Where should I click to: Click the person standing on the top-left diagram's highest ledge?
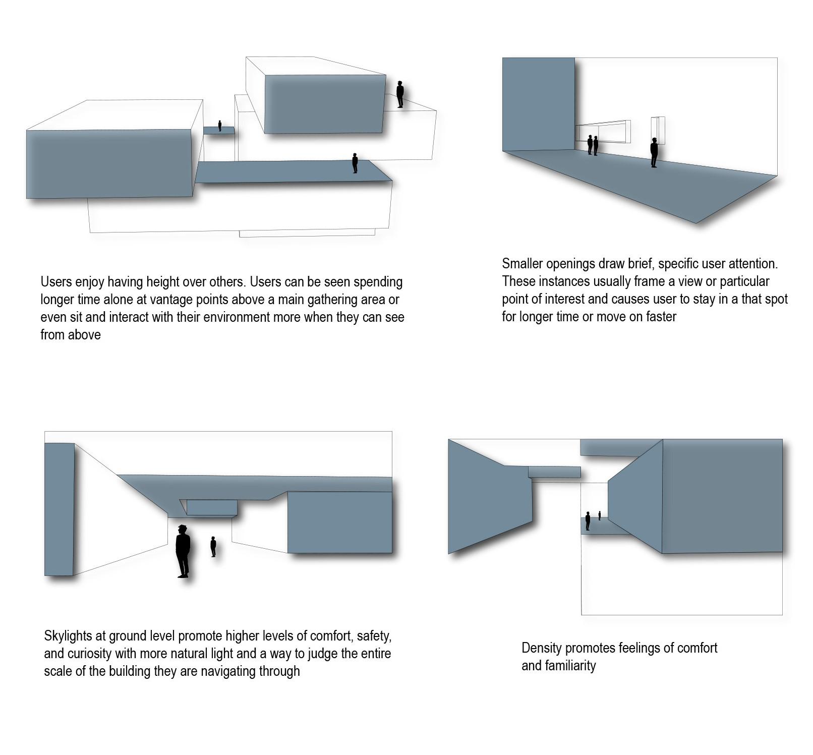point(400,94)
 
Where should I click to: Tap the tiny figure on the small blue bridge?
point(220,126)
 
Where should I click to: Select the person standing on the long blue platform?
point(355,163)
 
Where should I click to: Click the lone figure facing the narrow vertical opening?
point(654,152)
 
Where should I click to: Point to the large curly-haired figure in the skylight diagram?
point(183,551)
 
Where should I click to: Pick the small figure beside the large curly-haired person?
point(213,547)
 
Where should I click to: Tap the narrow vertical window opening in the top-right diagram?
point(658,131)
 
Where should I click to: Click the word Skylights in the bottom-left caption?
point(68,636)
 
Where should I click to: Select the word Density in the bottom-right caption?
point(540,648)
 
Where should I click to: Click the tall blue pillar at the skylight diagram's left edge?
point(60,509)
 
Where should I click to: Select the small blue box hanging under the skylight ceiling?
point(211,507)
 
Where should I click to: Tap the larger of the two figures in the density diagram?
point(588,520)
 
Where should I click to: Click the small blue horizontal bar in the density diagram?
point(554,472)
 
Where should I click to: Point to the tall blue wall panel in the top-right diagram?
point(539,104)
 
